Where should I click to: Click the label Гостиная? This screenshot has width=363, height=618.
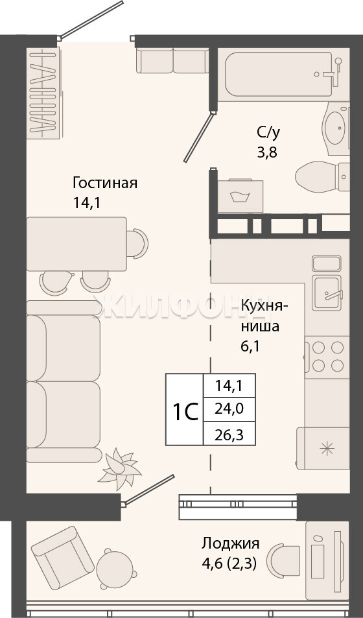105,183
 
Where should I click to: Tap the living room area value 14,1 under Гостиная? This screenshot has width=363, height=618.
86,202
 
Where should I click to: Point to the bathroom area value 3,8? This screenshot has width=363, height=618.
268,152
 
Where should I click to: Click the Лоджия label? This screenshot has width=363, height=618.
231,543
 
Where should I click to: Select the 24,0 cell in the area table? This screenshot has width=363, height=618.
229,409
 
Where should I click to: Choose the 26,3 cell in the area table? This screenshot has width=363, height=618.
229,434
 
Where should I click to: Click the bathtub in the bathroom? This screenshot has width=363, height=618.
280,74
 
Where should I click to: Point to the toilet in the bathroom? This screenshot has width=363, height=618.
322,177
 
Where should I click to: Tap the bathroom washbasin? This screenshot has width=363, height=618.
336,128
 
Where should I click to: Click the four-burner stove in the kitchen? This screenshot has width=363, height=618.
327,357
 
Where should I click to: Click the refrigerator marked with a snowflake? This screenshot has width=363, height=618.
323,449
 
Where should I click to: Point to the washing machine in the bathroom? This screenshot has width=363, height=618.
240,196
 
